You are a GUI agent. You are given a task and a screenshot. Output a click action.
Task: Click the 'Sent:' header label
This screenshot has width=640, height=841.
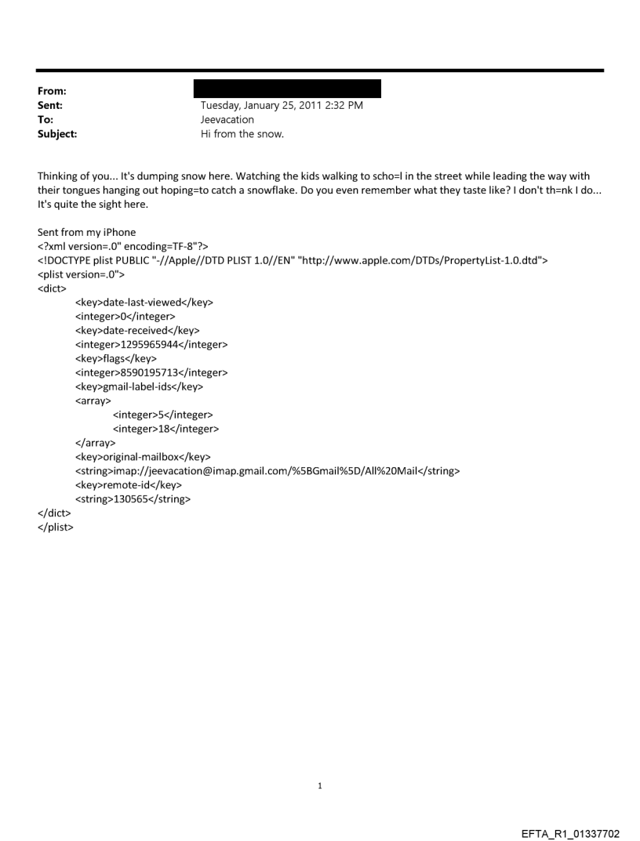[x=53, y=106]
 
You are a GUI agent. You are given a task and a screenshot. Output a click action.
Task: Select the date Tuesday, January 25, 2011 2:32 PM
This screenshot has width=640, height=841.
[x=282, y=106]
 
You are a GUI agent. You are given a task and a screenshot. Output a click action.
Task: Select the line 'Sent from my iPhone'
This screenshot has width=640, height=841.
[x=86, y=233]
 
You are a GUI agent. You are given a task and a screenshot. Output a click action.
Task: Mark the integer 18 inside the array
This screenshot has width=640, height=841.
[x=165, y=430]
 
